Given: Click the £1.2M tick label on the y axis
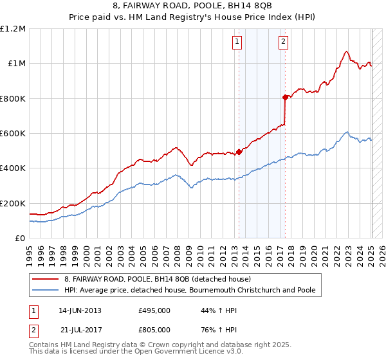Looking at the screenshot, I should point(13,29).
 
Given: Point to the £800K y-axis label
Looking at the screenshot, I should point(13,98).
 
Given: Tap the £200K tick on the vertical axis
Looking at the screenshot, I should point(13,203).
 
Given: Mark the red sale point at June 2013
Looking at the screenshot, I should point(239,152).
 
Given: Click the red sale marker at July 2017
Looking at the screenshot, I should point(284,98).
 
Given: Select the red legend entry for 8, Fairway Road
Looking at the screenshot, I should point(161,279).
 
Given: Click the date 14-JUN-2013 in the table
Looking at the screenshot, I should point(80,310).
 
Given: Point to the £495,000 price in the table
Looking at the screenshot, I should point(154,310).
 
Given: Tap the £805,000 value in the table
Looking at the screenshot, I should point(154,329).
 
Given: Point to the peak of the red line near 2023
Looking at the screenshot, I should point(346,51).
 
